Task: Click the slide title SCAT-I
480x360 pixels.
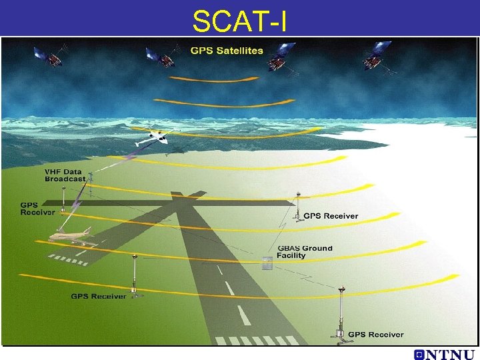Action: tap(239, 21)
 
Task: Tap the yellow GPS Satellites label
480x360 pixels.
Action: tap(227, 51)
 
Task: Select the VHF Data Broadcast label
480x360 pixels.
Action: tap(65, 175)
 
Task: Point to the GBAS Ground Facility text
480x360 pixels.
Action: tap(305, 251)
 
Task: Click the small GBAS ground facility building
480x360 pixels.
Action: tap(267, 263)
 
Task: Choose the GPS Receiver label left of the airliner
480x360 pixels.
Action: tap(37, 209)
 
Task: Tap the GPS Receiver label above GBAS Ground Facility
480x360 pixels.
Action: tap(331, 216)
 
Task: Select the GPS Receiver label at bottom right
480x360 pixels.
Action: tap(376, 335)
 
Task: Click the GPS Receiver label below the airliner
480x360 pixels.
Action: tap(99, 296)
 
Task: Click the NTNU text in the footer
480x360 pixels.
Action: tap(450, 354)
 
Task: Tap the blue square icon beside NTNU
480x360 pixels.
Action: tap(418, 354)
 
